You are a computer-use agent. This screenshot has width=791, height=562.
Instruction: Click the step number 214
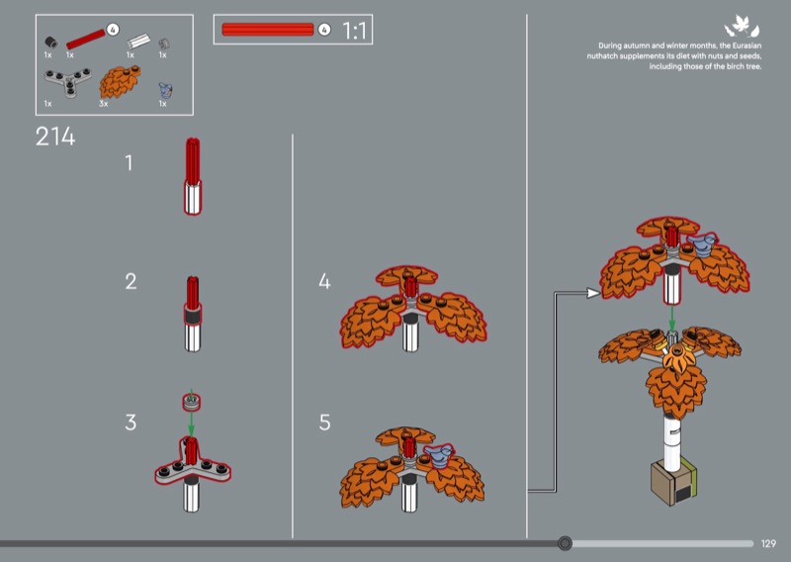point(55,137)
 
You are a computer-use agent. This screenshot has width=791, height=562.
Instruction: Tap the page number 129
point(768,544)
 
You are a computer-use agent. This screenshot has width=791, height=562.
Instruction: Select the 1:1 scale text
point(354,31)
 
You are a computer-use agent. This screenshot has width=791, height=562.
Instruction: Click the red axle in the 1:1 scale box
point(268,30)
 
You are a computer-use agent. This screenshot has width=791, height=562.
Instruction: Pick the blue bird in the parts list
point(165,90)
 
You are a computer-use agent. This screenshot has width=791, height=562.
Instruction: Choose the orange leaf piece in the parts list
point(120,81)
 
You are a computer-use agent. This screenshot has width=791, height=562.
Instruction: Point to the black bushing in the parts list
point(51,43)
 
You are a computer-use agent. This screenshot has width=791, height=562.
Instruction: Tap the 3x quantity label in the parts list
point(104,104)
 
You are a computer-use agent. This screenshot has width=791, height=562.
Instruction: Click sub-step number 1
point(130,162)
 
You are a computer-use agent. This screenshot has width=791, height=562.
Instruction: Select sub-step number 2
point(131,281)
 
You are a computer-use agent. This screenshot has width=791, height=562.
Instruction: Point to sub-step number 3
point(131,422)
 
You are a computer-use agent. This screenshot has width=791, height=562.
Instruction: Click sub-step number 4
point(324,281)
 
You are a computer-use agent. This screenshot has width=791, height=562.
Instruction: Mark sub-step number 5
point(325,422)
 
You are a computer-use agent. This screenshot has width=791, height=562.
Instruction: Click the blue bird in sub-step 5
point(439,454)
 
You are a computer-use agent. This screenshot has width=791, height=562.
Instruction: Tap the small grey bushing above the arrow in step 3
point(192,402)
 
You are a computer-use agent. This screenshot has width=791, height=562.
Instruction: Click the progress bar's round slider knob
point(565,543)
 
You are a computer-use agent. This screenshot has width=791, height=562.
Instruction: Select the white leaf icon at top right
point(742,27)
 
